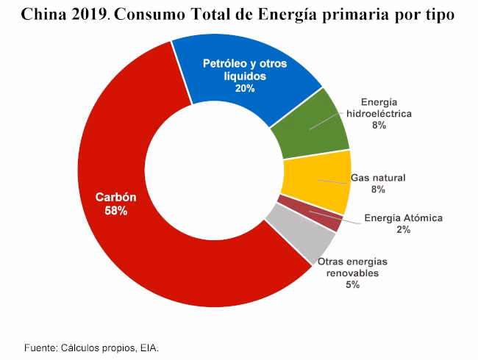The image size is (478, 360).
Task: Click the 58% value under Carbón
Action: (115, 211)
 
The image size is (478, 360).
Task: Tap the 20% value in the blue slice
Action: (245, 88)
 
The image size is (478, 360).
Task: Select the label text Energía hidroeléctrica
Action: (379, 108)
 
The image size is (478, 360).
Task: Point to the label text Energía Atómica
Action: (404, 218)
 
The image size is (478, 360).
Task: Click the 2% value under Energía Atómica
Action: (403, 230)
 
